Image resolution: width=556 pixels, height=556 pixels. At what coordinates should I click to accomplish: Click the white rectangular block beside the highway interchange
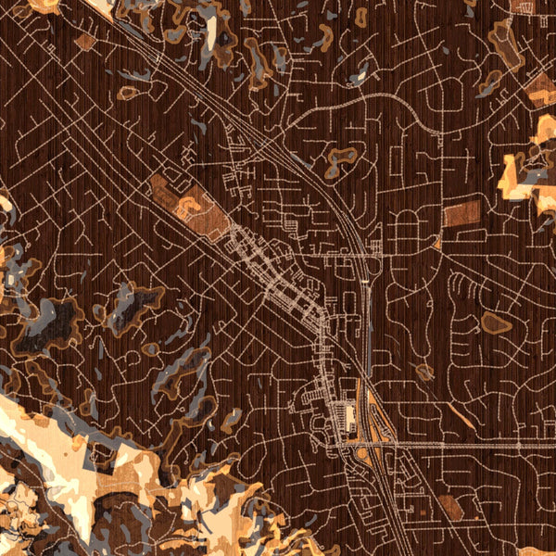coord(349,416)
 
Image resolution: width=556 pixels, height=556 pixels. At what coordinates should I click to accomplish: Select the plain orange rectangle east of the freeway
coord(461,214)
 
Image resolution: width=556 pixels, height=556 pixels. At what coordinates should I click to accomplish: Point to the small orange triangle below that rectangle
coord(436,244)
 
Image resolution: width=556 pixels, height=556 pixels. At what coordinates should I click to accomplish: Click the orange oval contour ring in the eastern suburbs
coord(496,322)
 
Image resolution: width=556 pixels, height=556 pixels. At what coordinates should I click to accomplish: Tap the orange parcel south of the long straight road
coord(449,505)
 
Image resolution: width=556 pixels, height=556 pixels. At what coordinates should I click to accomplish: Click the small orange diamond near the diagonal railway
coord(85,42)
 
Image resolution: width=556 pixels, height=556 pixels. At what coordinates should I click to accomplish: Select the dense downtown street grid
coord(278,278)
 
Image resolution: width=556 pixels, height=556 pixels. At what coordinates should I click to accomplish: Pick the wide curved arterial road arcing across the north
coord(371,97)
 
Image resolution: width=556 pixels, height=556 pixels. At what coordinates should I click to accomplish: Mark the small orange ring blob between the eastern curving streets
coord(424,373)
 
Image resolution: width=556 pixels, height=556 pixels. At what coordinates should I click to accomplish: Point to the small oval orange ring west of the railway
coord(128,93)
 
